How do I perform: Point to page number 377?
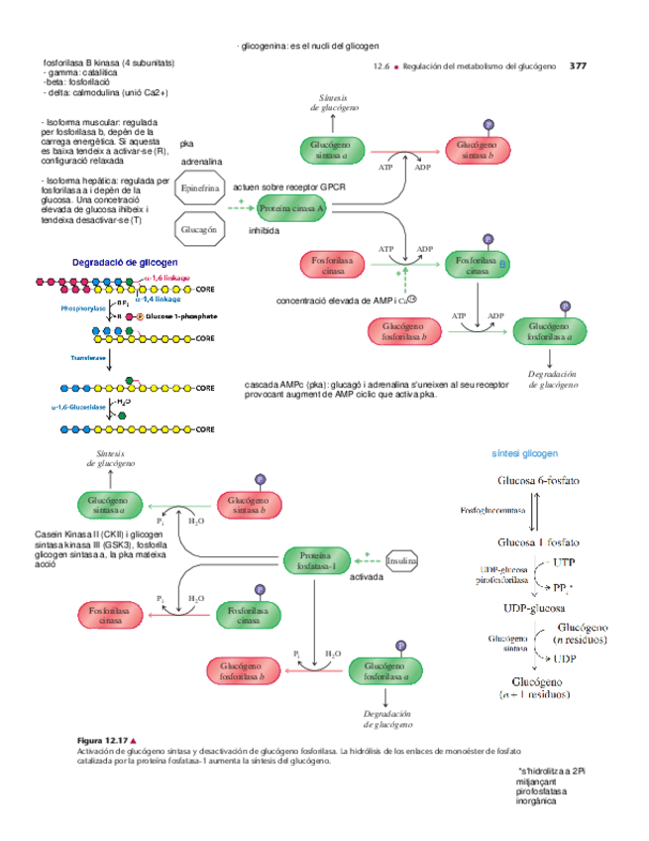[x=579, y=66]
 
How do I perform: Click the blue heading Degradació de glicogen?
[x=125, y=262]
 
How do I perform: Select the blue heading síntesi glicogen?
[x=524, y=452]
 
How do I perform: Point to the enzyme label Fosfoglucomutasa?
[x=492, y=511]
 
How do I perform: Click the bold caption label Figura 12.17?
[x=103, y=742]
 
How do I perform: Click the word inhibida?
[x=264, y=230]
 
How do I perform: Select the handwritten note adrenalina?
[x=201, y=160]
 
